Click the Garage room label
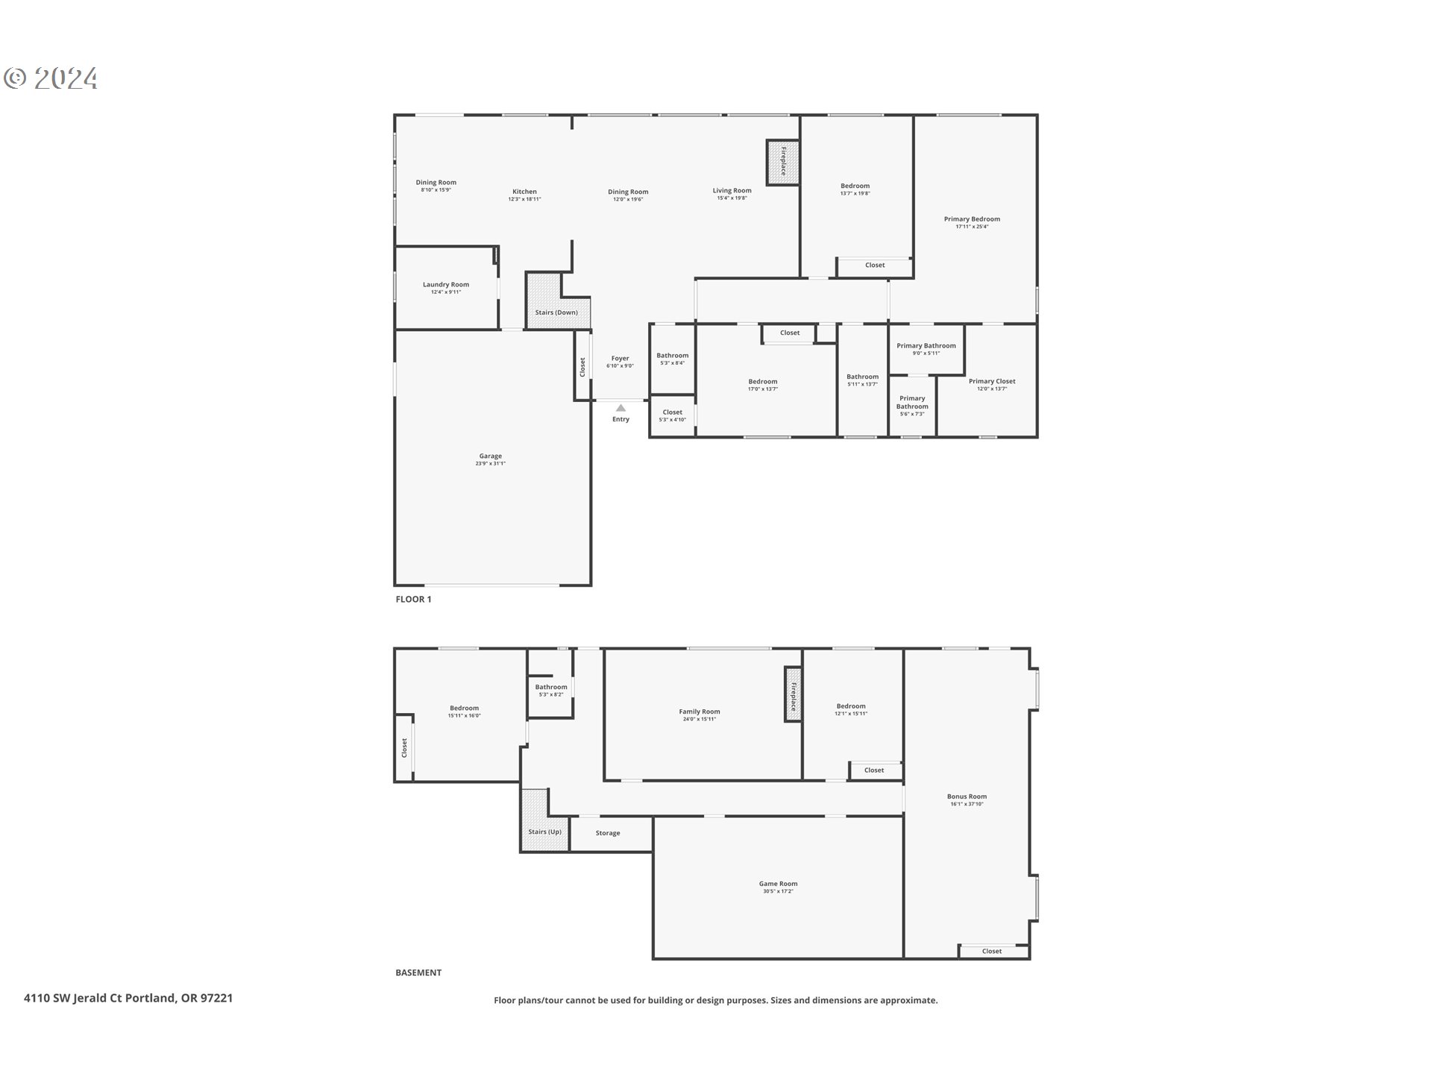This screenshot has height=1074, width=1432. [x=490, y=456]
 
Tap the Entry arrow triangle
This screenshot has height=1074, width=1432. [x=621, y=408]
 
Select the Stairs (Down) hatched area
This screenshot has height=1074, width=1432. [x=544, y=300]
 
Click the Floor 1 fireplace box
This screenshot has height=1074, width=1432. [x=783, y=162]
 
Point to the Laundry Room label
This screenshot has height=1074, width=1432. [x=446, y=284]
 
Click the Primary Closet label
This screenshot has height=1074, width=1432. [x=992, y=381]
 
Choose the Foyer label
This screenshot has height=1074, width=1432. [x=620, y=359]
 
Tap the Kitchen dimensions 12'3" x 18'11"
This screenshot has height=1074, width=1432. [x=524, y=199]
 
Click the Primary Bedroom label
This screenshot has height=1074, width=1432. [x=972, y=219]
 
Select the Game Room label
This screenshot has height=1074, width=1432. [x=778, y=884]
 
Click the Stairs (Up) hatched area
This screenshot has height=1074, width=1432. [x=535, y=820]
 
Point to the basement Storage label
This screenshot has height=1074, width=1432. [x=608, y=833]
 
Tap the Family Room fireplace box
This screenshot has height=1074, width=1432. [x=793, y=694]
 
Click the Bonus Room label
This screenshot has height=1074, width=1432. [x=967, y=797]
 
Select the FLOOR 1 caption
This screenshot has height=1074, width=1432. [x=413, y=599]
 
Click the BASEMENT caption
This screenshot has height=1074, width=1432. [x=418, y=973]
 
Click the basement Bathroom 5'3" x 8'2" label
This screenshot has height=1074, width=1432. [x=551, y=687]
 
